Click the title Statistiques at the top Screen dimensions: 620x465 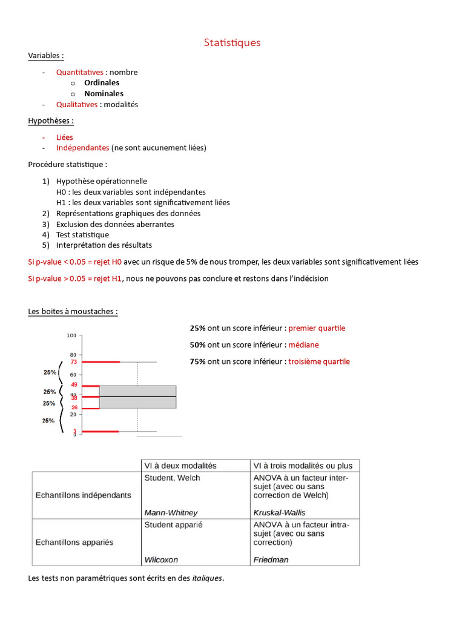coord(232,42)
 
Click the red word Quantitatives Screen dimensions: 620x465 coord(80,72)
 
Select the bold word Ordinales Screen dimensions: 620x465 coord(102,83)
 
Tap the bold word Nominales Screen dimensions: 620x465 coord(104,94)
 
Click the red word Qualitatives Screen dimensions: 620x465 coord(77,105)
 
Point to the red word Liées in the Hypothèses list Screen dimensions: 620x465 coord(65,137)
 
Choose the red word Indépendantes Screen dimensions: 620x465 coord(83,148)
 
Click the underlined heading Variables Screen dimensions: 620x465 coord(45,56)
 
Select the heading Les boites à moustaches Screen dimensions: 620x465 coord(73,312)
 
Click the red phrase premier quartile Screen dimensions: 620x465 coord(317,328)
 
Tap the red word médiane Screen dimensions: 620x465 coord(303,345)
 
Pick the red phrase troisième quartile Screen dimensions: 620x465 coord(319,362)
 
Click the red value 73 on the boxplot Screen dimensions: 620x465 coord(73,362)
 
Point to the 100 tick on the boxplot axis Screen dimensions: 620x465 coord(71,335)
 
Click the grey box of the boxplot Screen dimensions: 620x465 coord(137,397)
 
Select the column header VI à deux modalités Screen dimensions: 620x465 coord(180,466)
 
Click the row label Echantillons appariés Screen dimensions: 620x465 coord(74,542)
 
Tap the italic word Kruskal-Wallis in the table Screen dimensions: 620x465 coord(279,513)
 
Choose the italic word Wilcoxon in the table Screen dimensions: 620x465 coord(161,560)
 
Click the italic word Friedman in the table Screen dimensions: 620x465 coord(271,560)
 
